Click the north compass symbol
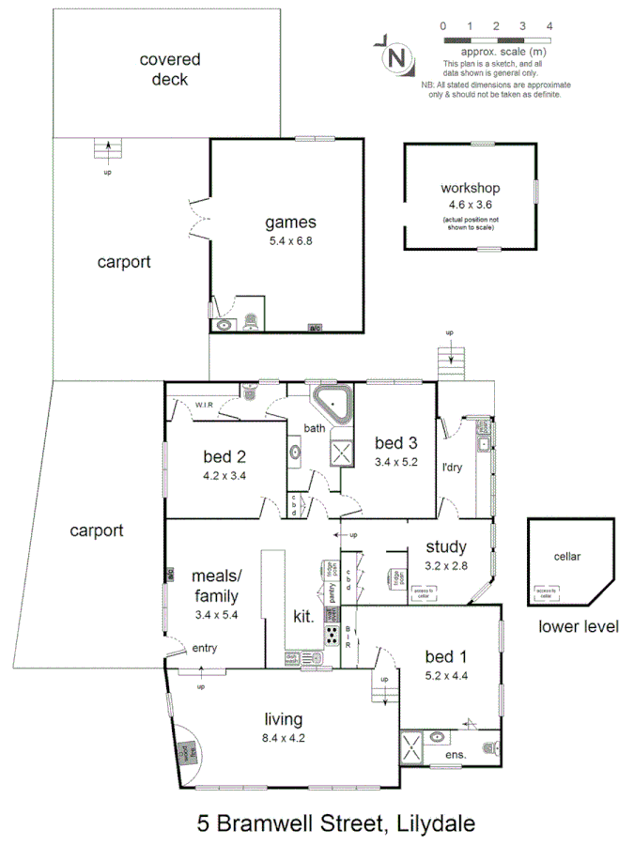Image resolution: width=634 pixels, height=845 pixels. pyautogui.click(x=396, y=56)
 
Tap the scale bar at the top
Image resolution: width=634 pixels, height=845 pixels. pyautogui.click(x=496, y=41)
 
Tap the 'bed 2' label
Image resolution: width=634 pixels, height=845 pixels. pyautogui.click(x=224, y=457)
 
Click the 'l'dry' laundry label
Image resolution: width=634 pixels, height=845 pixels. pyautogui.click(x=456, y=467)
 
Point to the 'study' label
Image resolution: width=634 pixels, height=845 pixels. pyautogui.click(x=446, y=547)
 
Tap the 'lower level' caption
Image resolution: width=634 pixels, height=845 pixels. pyautogui.click(x=579, y=627)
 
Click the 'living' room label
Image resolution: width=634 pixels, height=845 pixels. pyautogui.click(x=283, y=719)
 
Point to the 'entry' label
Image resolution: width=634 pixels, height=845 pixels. pyautogui.click(x=205, y=648)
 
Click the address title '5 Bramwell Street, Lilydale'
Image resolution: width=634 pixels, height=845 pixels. pyautogui.click(x=335, y=823)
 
